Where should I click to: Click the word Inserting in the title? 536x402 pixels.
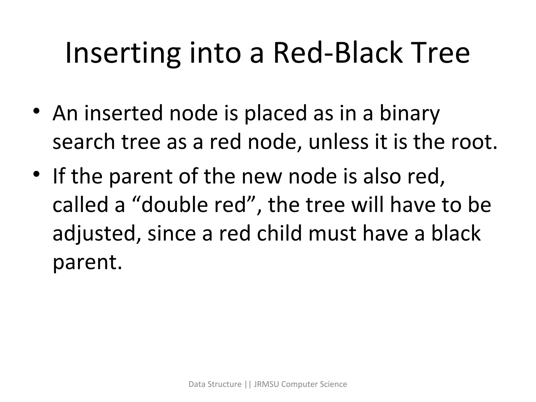[123, 54]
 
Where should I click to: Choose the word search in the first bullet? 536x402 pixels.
[84, 142]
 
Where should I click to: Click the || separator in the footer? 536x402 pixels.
[248, 384]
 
